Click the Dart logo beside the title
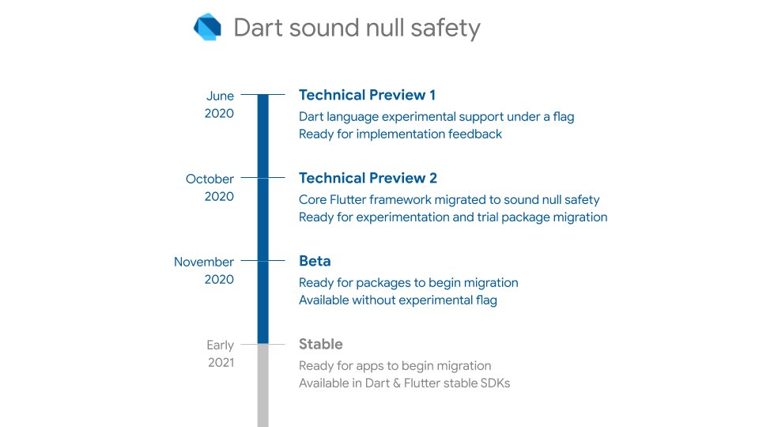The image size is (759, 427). [208, 27]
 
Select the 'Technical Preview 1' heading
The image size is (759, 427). [367, 95]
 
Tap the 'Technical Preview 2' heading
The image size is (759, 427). [368, 178]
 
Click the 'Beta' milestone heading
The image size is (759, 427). [315, 261]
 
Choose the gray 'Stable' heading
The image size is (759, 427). [320, 344]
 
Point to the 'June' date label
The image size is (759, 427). [220, 96]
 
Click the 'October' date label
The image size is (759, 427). [210, 179]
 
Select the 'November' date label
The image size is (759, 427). [204, 262]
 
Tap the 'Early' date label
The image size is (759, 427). [221, 345]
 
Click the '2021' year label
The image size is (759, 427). [221, 363]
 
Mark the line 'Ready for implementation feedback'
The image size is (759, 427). [400, 134]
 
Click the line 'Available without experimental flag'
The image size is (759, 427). [398, 300]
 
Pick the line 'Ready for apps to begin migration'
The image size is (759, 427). [395, 366]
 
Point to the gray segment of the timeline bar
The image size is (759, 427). [263, 387]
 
